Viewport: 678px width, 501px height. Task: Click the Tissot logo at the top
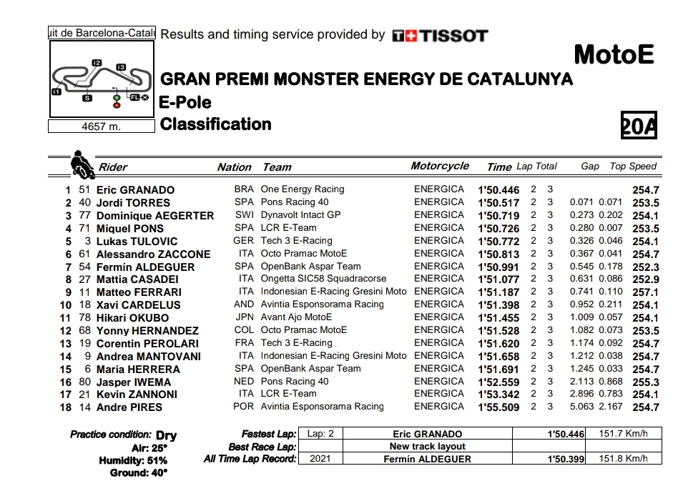[x=441, y=36]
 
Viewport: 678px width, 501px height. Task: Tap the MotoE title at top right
[x=614, y=54]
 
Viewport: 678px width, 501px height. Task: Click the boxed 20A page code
[x=639, y=127]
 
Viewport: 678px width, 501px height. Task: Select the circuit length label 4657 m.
[x=101, y=127]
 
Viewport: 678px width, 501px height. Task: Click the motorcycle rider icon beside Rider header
[x=82, y=164]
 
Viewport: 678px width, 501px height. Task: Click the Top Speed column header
[x=633, y=167]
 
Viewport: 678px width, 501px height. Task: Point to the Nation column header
[x=235, y=167]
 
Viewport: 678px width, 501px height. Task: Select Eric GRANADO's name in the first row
[x=135, y=190]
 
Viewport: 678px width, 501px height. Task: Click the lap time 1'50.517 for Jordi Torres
[x=498, y=203]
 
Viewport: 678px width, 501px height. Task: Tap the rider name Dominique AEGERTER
[x=154, y=216]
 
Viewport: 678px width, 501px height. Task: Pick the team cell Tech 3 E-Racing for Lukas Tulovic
[x=297, y=241]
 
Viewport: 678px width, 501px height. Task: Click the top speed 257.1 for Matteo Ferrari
[x=646, y=292]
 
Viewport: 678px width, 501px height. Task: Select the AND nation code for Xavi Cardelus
[x=244, y=304]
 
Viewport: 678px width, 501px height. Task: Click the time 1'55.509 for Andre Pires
[x=498, y=407]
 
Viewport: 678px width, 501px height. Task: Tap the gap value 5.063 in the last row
[x=582, y=407]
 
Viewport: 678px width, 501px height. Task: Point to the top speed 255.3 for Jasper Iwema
[x=646, y=382]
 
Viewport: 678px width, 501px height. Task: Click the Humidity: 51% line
[x=133, y=460]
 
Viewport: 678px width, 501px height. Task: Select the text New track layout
[x=428, y=447]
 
